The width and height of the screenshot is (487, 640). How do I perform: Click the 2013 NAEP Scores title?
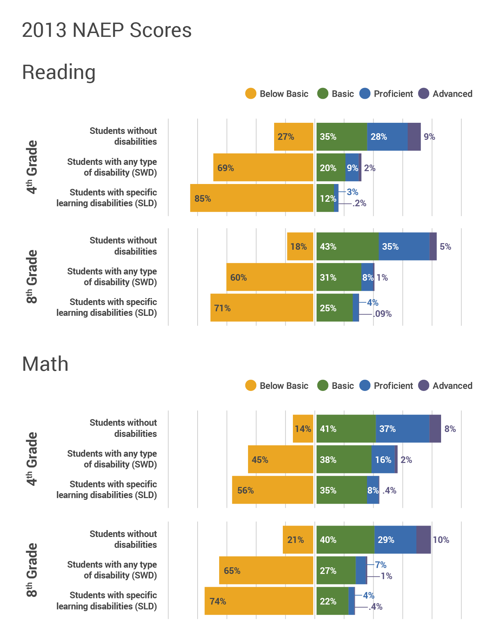pos(106,30)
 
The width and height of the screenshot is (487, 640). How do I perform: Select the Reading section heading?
pos(59,72)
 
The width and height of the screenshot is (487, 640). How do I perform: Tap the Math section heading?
pos(45,364)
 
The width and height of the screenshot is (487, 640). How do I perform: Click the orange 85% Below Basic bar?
pos(252,198)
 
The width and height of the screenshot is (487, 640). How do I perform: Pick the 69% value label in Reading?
pos(226,168)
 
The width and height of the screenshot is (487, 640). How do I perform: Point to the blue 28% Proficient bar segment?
pos(387,137)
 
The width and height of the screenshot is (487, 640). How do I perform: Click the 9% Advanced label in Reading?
pos(429,137)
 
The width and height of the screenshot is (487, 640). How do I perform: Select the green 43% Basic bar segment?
pos(347,246)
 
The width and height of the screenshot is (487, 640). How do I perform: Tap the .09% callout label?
pos(382,314)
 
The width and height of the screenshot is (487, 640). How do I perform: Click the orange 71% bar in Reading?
pos(262,307)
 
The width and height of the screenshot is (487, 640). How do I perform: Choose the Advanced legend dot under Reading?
pos(424,94)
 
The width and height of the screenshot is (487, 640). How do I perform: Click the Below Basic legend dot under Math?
pos(251,385)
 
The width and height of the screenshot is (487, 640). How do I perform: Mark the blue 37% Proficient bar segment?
pos(402,429)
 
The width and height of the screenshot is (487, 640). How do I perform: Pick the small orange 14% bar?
pos(303,429)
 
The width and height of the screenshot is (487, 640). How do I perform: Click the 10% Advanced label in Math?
pos(441,540)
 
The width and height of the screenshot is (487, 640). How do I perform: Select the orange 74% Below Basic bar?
pos(259,601)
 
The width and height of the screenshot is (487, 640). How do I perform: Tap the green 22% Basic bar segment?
pos(332,601)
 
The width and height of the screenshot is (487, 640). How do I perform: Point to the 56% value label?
pos(246,490)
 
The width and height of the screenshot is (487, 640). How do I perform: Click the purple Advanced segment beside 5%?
pos(433,246)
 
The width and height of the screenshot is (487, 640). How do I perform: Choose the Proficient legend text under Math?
pos(393,386)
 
